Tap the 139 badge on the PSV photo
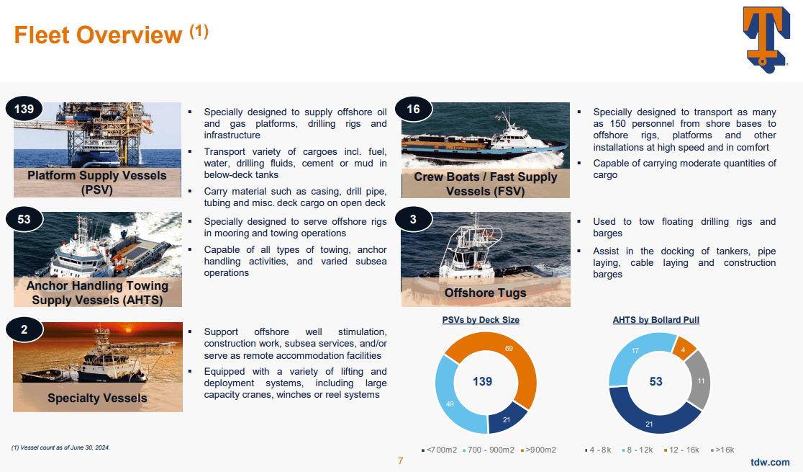coord(24,110)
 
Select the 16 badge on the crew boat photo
coord(413,110)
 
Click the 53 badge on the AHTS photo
coord(24,219)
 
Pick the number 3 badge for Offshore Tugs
coord(413,219)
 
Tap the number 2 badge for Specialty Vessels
coord(24,330)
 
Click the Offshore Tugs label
coord(485,293)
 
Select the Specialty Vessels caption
coord(97,398)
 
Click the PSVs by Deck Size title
coord(481,320)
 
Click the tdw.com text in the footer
coord(770,462)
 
